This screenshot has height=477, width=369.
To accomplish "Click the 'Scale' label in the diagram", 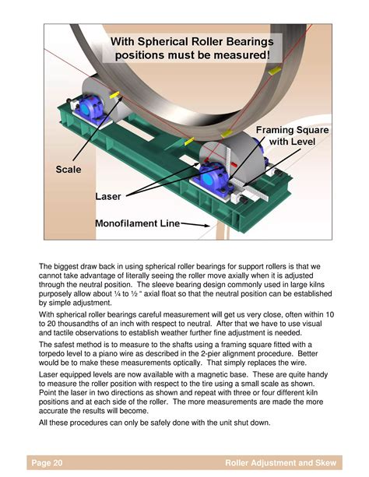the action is pos(69,170).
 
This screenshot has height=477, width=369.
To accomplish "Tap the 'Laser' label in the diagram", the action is pos(108,197).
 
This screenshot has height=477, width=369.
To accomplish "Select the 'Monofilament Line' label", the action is pos(137,223).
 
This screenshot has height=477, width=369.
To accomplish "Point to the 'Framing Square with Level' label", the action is pos(292,135).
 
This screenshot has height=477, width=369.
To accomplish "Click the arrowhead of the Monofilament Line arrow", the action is pos(206,226).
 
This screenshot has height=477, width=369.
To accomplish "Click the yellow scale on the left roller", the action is pos(114,95).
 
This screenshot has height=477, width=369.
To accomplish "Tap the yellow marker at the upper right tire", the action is pos(275,71).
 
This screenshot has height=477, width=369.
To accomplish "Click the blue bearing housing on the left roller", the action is pos(89,108).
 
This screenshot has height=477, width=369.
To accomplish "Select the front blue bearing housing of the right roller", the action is pos(213,179).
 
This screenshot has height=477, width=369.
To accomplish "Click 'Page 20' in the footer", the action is pos(47,463).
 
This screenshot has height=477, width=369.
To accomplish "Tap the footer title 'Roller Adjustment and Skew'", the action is pos(280,463).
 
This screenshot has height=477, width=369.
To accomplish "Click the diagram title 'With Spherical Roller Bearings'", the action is pos(192,41).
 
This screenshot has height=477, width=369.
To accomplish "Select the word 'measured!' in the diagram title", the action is pos(241,55).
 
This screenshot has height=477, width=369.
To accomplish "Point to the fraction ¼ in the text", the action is pos(117,294).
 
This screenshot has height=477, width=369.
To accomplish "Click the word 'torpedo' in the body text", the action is pos(51,354).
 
